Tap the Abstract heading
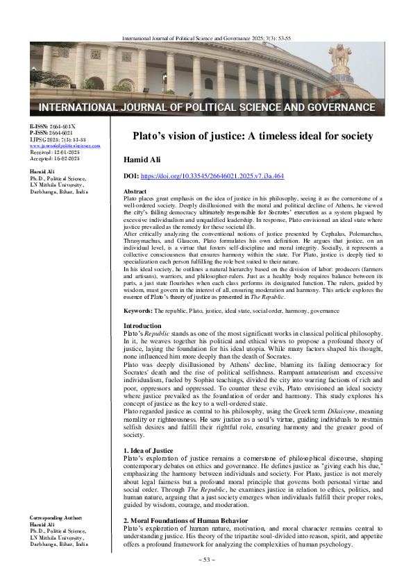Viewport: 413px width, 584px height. click(135, 191)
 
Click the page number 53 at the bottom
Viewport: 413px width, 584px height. click(206, 558)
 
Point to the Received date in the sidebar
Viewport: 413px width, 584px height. click(47, 152)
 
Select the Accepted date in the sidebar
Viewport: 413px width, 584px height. click(47, 158)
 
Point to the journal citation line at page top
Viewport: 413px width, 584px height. click(249, 27)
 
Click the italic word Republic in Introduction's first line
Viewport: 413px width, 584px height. click(160, 334)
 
